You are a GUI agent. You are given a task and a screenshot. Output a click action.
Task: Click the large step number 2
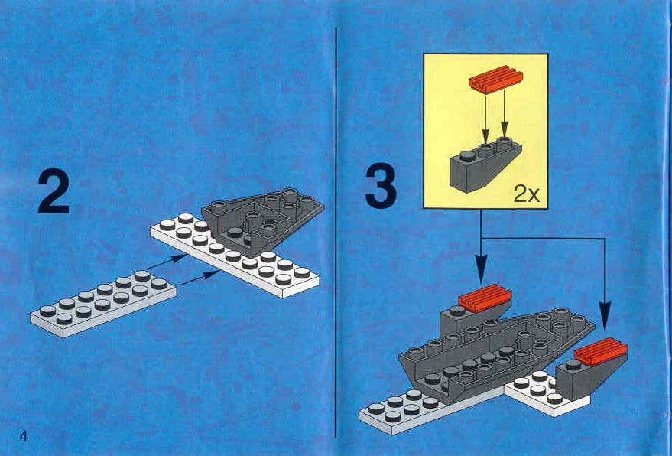(x=54, y=192)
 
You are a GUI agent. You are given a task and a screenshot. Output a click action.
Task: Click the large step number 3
(x=381, y=187)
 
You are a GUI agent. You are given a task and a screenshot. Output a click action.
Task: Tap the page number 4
(x=24, y=437)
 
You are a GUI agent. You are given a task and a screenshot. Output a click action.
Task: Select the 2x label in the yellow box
(x=526, y=195)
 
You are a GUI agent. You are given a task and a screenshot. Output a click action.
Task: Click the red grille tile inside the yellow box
(x=496, y=80)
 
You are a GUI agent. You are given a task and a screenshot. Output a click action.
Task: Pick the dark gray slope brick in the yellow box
(x=485, y=165)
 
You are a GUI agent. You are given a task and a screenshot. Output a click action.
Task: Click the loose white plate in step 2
(x=103, y=303)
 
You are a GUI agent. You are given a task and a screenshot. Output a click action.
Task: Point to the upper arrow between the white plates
(x=167, y=262)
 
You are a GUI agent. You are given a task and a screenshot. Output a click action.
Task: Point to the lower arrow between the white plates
(x=200, y=278)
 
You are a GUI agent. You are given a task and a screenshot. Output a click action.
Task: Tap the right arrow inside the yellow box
(x=505, y=115)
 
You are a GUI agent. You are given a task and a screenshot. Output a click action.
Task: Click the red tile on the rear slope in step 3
(x=485, y=298)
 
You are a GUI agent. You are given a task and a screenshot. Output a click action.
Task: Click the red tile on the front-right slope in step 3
(x=600, y=351)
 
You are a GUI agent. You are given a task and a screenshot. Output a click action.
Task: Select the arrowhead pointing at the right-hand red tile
(x=605, y=316)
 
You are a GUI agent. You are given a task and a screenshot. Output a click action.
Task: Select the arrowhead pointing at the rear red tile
(x=482, y=269)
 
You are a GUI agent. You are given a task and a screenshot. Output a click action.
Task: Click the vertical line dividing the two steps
(x=336, y=232)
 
